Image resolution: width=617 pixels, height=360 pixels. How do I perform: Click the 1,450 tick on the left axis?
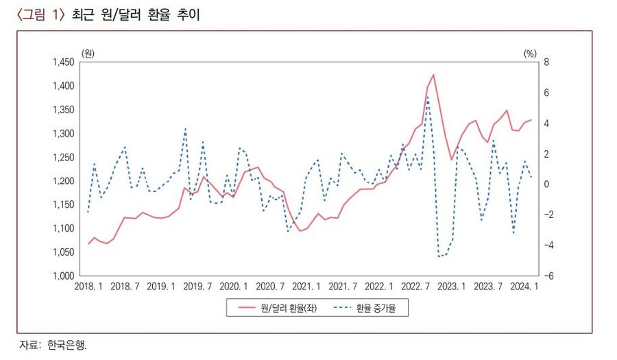point(62,62)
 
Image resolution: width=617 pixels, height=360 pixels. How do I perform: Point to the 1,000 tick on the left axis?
point(62,276)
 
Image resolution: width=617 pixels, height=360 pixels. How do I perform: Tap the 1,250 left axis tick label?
point(62,158)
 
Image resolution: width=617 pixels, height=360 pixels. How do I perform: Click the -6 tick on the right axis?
point(528,276)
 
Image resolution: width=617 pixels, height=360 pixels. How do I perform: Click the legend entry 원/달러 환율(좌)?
point(283,309)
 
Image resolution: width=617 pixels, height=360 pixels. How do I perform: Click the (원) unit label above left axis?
point(88,53)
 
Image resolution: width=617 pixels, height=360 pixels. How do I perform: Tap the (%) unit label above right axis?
point(529,53)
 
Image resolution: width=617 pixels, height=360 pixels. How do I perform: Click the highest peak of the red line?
point(433,74)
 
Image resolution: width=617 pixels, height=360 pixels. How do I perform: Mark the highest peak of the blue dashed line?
point(428,96)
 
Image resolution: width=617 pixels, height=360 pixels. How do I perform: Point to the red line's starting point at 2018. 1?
point(88,244)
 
